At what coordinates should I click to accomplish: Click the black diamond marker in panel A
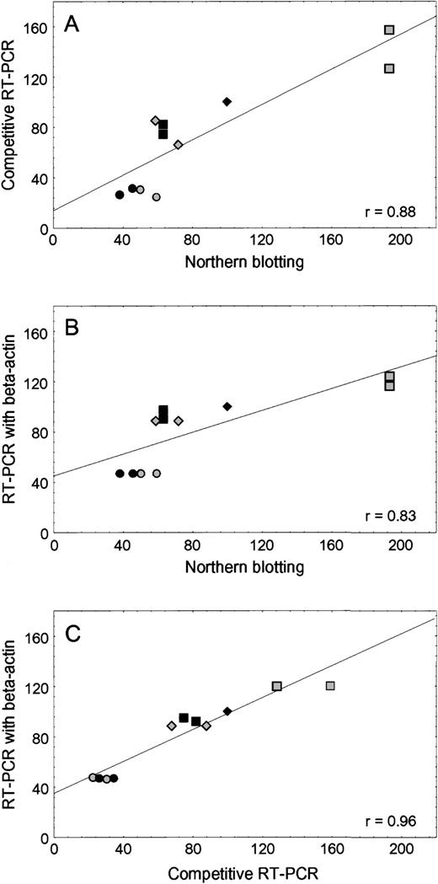coord(227,102)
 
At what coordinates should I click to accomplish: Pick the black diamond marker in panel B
coord(227,406)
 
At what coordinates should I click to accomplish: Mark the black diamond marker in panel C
coord(227,711)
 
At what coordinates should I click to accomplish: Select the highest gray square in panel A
coord(389,30)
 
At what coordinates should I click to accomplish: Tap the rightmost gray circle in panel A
coord(156,197)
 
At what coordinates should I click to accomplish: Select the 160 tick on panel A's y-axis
coord(35,28)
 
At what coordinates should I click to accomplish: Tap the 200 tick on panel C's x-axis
coord(400,849)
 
